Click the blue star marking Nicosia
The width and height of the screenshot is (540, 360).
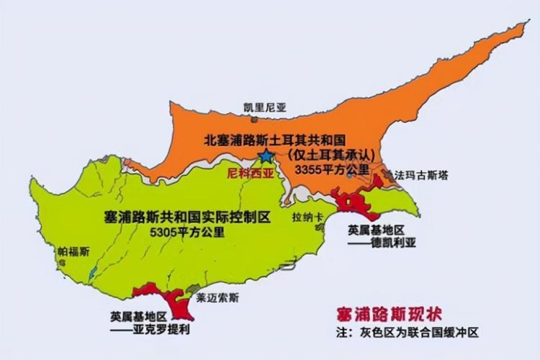[266, 156]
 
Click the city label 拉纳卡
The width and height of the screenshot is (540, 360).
[302, 216]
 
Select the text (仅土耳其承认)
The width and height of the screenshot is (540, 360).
[326, 154]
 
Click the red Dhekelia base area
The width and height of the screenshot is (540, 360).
[356, 204]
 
